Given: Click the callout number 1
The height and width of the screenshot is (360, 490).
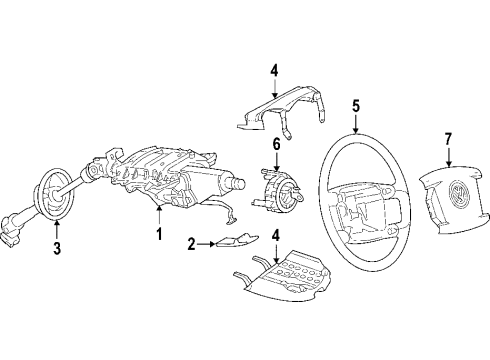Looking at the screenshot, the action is click(159, 234).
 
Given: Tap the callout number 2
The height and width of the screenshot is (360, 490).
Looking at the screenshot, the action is click(191, 244).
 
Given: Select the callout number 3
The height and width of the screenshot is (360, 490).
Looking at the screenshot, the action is click(57, 248).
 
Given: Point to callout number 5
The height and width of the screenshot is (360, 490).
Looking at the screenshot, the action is click(356, 106).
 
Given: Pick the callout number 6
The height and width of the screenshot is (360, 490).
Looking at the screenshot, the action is click(277, 145).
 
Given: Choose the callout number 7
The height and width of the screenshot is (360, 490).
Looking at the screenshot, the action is click(448, 139).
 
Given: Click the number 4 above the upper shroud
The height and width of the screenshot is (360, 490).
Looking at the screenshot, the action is click(274, 71).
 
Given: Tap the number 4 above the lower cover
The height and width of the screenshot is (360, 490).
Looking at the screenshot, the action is click(275, 235).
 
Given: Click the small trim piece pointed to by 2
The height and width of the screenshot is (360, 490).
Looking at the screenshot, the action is click(237, 241).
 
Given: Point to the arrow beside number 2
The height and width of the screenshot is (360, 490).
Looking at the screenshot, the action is click(206, 244).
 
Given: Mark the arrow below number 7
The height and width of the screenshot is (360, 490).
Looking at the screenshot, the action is click(448, 157).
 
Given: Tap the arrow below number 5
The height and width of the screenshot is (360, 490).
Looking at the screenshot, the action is click(356, 124).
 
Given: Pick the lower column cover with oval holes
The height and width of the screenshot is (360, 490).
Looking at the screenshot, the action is click(283, 275).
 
